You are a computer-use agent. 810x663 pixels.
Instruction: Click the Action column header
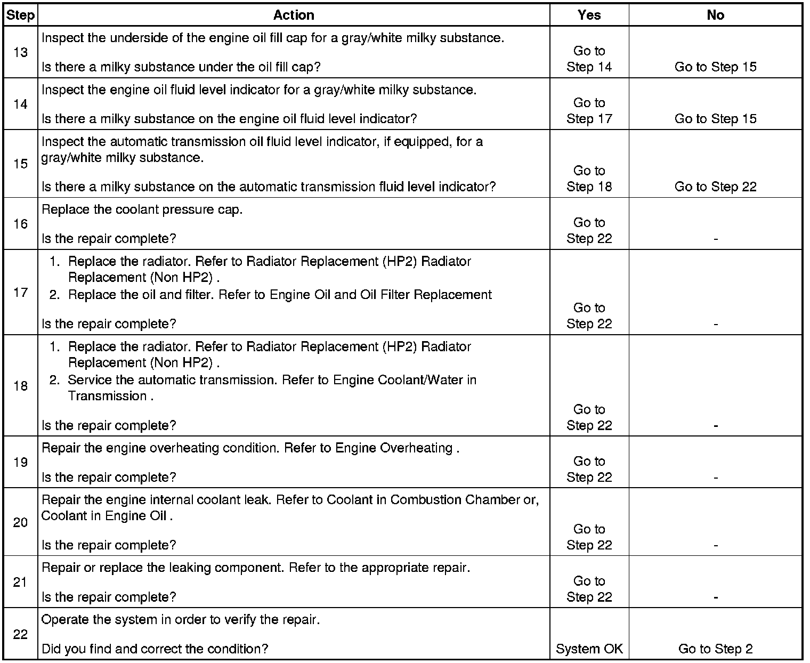[294, 15]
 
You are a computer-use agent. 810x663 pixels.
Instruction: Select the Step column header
[20, 15]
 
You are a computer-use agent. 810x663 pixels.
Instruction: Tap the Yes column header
[589, 15]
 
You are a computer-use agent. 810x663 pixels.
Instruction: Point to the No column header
[715, 15]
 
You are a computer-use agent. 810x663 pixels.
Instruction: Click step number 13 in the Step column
[20, 53]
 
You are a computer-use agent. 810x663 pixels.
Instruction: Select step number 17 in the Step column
[20, 292]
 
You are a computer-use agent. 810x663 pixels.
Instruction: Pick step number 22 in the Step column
[20, 634]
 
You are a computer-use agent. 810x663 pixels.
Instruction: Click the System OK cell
[589, 649]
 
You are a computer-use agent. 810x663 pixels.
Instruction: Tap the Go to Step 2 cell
[715, 649]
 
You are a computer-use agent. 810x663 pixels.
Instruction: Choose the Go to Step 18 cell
[589, 179]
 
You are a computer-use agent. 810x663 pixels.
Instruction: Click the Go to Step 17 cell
[589, 111]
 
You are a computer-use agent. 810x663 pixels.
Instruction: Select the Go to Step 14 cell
[589, 59]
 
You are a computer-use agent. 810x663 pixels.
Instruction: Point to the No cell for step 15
[715, 187]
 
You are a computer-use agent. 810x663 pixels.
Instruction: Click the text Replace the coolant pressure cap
[142, 209]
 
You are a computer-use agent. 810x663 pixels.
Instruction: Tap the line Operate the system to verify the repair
[181, 620]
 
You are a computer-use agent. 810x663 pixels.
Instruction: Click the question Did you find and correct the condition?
[155, 649]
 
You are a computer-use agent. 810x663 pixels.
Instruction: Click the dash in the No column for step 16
[715, 239]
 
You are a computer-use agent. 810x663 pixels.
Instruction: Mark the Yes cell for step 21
[589, 589]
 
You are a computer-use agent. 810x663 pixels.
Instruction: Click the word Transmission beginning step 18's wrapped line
[107, 396]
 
